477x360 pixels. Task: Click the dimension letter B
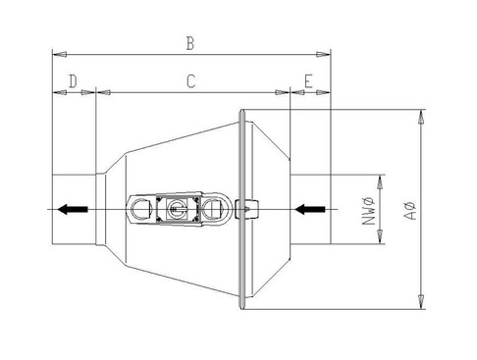(x=190, y=43)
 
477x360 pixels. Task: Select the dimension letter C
(x=191, y=81)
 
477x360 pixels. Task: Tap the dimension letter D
(x=73, y=81)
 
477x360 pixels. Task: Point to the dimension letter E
(x=308, y=81)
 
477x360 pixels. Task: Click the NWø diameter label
(x=368, y=211)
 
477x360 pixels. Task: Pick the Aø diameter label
(x=410, y=210)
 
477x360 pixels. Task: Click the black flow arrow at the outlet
(x=73, y=209)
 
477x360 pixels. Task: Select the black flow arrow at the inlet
(x=310, y=209)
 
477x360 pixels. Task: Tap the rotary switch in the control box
(x=177, y=209)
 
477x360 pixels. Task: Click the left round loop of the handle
(x=140, y=209)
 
